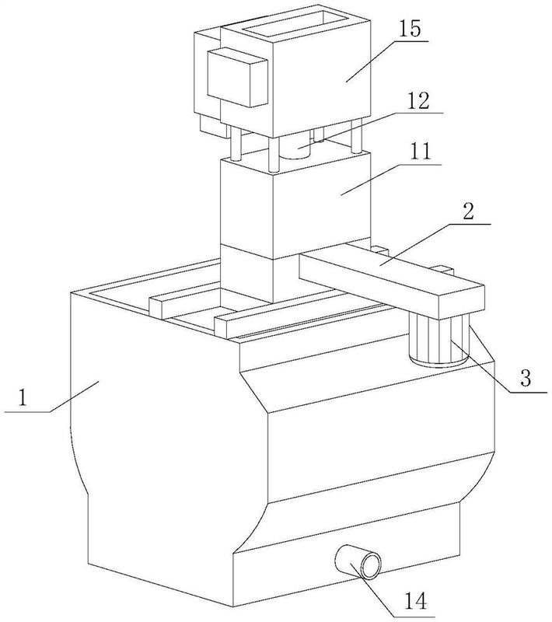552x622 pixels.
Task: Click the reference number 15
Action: pyautogui.click(x=409, y=30)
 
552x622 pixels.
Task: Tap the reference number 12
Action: pyautogui.click(x=419, y=101)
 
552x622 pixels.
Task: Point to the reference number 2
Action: pyautogui.click(x=468, y=211)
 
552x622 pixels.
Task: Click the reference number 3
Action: pyautogui.click(x=526, y=378)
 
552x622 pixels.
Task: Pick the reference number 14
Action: pyautogui.click(x=416, y=601)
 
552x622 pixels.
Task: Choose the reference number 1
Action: pyautogui.click(x=23, y=397)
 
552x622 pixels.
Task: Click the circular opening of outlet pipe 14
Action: pyautogui.click(x=371, y=565)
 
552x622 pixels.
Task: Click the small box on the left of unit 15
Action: pyautogui.click(x=237, y=77)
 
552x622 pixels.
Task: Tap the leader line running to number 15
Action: pyautogui.click(x=387, y=61)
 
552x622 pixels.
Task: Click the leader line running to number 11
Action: pyautogui.click(x=391, y=180)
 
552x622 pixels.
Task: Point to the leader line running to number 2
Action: pyautogui.click(x=435, y=244)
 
